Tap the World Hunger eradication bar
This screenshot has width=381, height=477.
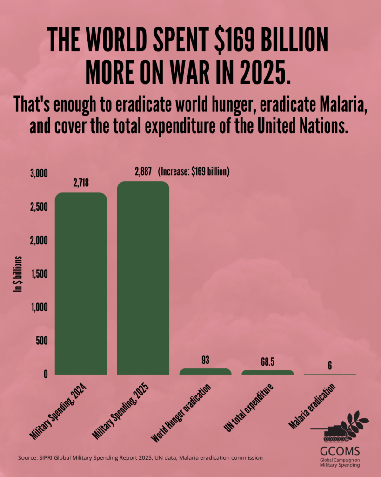[x=205, y=371]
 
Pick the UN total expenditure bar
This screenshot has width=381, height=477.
[x=267, y=372]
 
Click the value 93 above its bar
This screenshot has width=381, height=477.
[x=206, y=360]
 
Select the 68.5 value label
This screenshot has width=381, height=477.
[x=267, y=362]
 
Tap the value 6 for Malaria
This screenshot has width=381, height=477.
[x=329, y=365]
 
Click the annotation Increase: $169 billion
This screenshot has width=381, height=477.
[x=194, y=171]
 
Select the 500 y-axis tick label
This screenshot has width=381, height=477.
[x=42, y=341]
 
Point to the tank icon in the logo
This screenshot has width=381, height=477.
[x=328, y=432]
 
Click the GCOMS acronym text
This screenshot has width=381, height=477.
[x=339, y=451]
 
